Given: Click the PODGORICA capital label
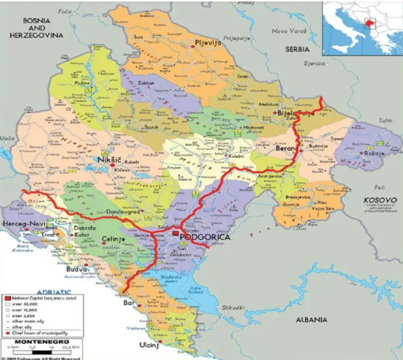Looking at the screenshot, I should pyautogui.click(x=205, y=237).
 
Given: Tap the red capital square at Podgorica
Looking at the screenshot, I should pyautogui.click(x=175, y=233).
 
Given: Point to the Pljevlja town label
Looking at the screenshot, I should pyautogui.click(x=208, y=43).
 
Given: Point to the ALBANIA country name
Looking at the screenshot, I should pyautogui.click(x=312, y=320).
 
